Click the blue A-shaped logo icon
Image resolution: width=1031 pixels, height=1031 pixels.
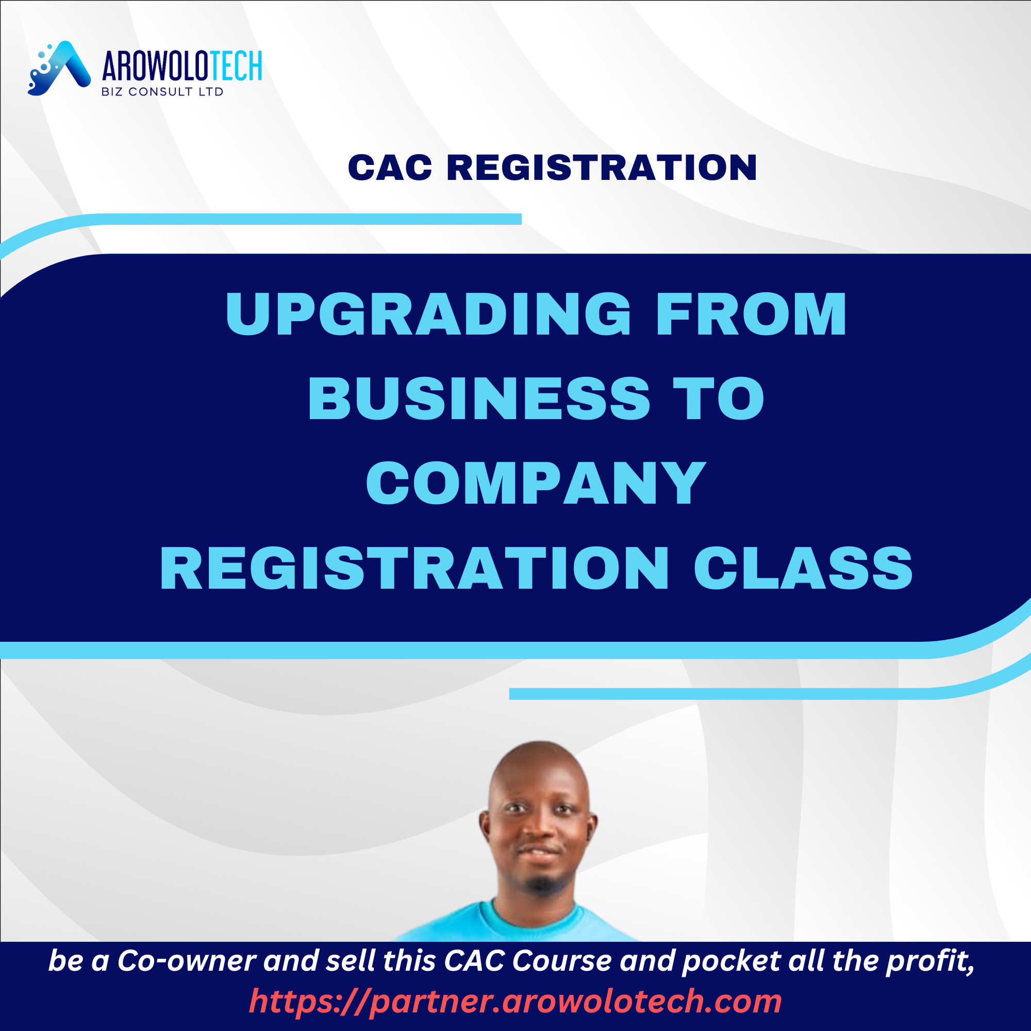pos(59,69)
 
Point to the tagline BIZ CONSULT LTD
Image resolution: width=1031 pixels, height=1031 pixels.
pos(162,92)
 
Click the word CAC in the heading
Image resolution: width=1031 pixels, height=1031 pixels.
pos(390,168)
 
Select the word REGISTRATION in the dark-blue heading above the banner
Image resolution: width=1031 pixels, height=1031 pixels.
pos(602,168)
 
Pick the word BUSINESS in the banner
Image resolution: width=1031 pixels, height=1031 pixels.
pos(479,398)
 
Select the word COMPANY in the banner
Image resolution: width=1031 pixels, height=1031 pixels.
pos(536,483)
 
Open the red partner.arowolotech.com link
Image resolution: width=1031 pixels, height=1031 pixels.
pos(515,1001)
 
